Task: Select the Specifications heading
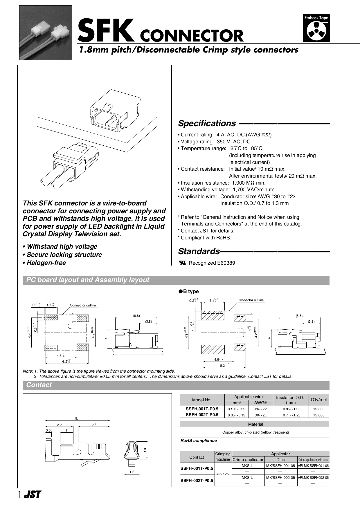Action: click(x=207, y=123)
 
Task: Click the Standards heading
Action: click(x=199, y=251)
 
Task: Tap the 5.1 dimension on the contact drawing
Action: click(x=77, y=418)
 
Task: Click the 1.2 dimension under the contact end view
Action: click(x=132, y=472)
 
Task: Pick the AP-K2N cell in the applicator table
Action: click(x=223, y=474)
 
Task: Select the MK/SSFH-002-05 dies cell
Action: click(x=280, y=477)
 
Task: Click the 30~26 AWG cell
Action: click(x=260, y=415)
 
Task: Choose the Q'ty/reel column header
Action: click(x=318, y=400)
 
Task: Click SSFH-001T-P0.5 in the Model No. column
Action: click(x=202, y=409)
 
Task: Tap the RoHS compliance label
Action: click(x=199, y=441)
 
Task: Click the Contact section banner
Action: click(x=39, y=385)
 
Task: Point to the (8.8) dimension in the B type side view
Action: click(x=299, y=316)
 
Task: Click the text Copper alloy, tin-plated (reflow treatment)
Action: click(x=255, y=432)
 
